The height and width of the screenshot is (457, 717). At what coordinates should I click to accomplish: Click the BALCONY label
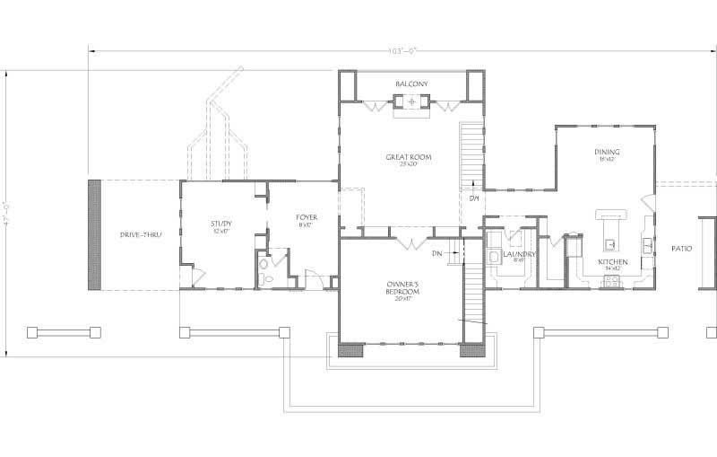(x=411, y=84)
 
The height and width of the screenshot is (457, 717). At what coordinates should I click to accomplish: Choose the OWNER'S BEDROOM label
(x=402, y=288)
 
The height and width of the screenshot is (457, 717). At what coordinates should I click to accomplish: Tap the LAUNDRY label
(x=519, y=256)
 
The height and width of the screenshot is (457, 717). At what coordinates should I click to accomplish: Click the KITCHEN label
(x=613, y=263)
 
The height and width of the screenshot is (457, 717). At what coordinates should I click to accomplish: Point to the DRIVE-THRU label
(x=139, y=235)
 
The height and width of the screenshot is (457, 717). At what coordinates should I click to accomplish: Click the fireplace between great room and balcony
(x=412, y=103)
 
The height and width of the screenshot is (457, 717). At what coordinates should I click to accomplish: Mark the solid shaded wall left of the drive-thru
(x=93, y=234)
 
